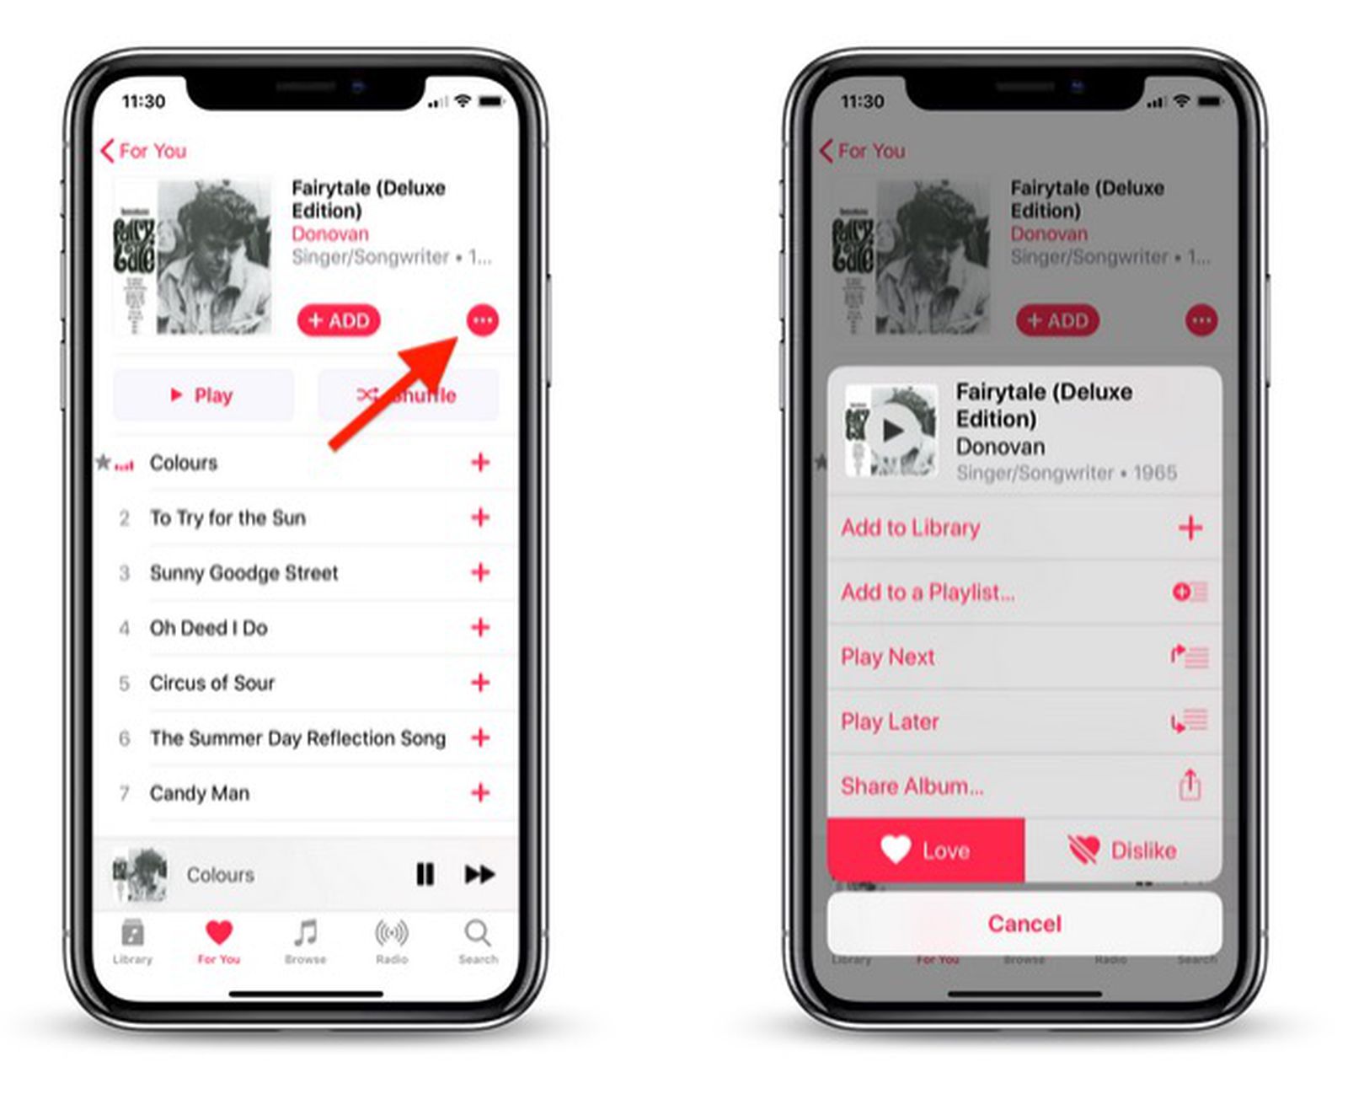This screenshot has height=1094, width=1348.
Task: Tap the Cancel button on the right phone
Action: point(1024,924)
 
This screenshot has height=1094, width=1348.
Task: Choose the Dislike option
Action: point(1123,850)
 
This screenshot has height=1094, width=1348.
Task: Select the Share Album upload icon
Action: point(1190,785)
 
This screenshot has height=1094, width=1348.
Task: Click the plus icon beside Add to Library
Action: point(1190,528)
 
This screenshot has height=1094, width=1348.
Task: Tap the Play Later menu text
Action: point(890,721)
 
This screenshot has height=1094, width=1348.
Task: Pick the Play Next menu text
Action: point(887,657)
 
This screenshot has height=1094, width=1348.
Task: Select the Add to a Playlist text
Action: point(927,593)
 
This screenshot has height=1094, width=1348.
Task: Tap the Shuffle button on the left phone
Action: point(408,395)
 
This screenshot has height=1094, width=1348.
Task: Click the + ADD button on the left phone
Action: point(339,320)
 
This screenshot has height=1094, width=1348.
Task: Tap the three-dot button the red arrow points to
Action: point(483,320)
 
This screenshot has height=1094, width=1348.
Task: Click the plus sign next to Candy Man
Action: point(480,792)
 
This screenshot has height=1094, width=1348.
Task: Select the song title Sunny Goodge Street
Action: point(243,573)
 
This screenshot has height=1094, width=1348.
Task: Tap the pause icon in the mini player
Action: point(425,874)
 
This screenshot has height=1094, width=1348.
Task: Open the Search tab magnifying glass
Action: point(477,933)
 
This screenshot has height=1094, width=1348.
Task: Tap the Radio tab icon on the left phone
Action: point(392,933)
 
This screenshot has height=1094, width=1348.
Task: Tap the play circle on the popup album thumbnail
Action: point(892,431)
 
